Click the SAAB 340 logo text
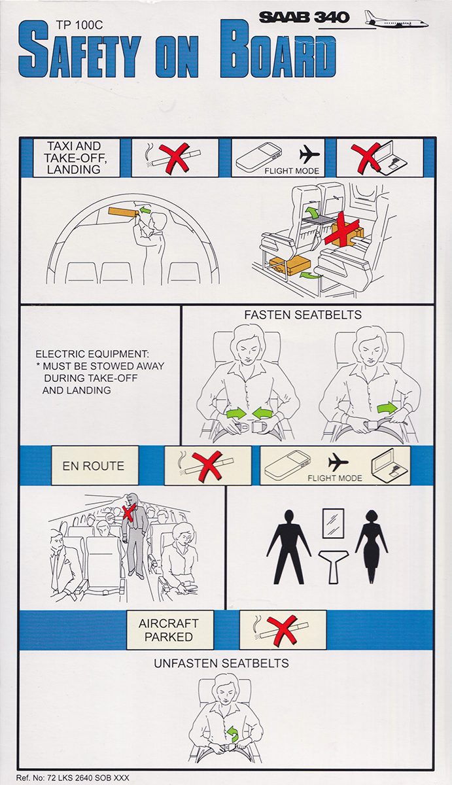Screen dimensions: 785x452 pos(304,17)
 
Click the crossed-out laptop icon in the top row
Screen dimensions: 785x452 pos(380,158)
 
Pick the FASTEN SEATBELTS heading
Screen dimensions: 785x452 pos(303,315)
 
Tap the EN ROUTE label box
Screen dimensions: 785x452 pos(93,466)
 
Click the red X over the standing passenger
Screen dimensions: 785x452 pos(131,510)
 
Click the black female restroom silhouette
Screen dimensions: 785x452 pos(371,546)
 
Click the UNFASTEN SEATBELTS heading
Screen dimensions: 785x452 pos(221,663)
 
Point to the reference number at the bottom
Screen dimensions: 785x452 pos(74,778)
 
